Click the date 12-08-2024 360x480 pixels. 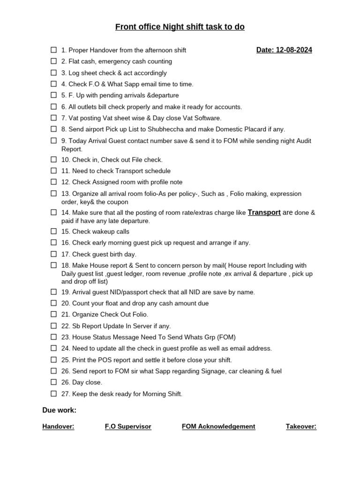294,50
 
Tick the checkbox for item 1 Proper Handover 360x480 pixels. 53,50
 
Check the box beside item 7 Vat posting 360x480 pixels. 53,118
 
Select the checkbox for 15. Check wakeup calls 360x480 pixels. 53,232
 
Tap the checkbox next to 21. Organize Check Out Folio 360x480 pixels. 53,315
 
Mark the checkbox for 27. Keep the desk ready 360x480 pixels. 53,394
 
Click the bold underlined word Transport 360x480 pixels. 264,213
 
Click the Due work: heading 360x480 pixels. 59,410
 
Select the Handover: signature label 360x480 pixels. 58,427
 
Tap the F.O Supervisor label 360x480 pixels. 128,427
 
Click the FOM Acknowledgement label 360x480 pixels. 218,427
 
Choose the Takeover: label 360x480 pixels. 301,427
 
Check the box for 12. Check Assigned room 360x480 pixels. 53,182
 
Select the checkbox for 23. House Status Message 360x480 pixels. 53,337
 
